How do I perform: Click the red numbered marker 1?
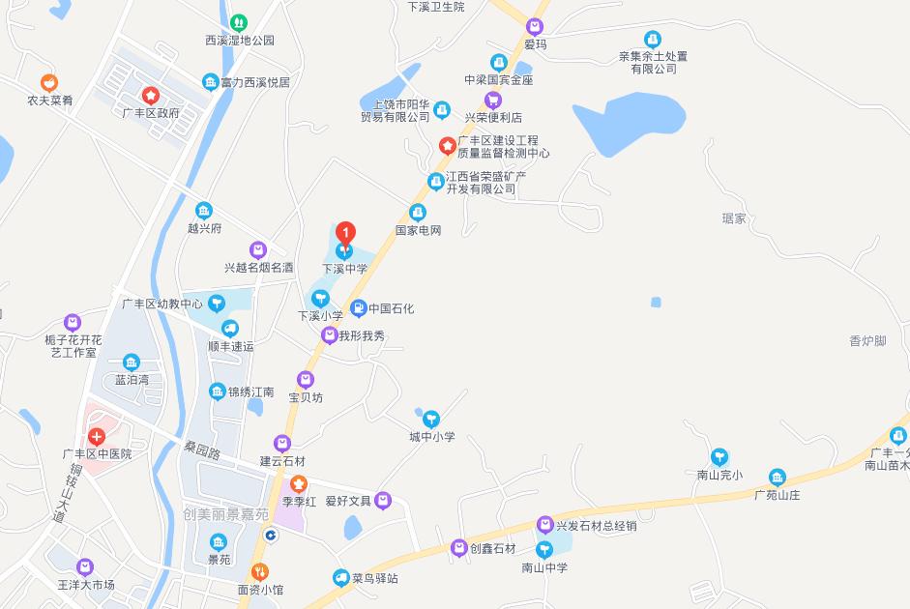[345, 233]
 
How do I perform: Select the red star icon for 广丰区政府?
[151, 95]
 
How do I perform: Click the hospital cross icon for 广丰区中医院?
[97, 436]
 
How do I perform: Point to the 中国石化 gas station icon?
[358, 308]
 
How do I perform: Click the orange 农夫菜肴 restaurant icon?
[49, 83]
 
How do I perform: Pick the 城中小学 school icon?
[431, 420]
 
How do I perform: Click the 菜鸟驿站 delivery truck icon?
[340, 578]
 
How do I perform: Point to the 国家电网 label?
[418, 231]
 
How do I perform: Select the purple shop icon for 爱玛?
[535, 26]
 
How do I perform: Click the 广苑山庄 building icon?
[778, 477]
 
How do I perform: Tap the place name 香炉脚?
[866, 340]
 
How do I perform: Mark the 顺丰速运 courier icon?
[230, 328]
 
